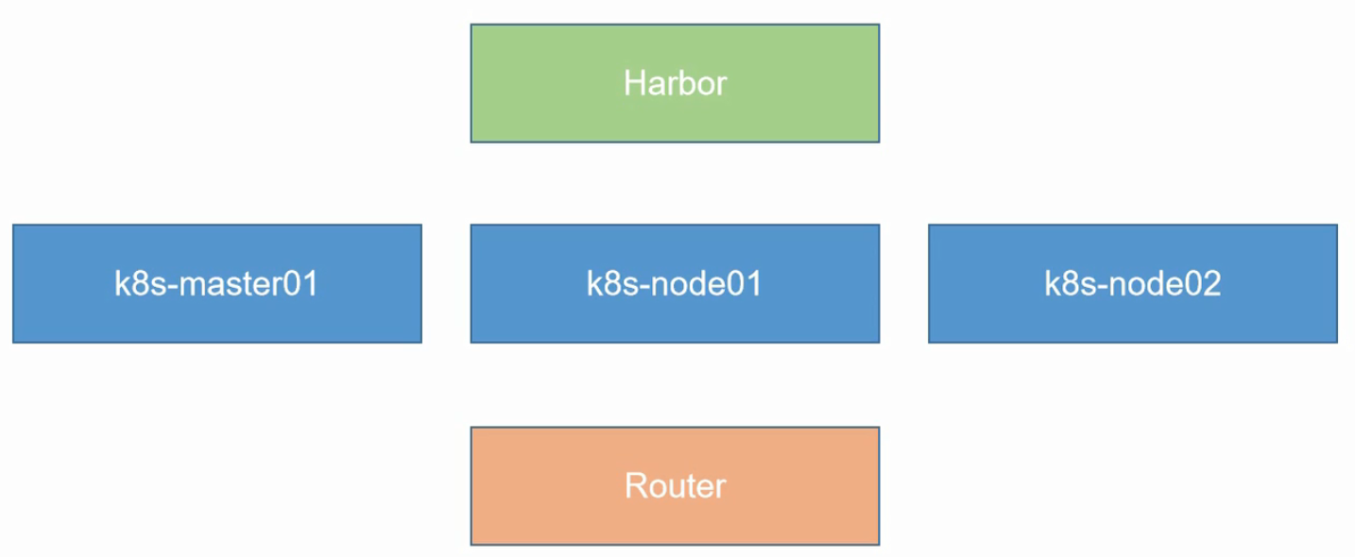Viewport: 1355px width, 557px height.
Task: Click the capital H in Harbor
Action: (634, 83)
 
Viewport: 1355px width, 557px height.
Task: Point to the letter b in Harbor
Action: (687, 83)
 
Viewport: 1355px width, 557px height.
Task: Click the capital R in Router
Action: (634, 486)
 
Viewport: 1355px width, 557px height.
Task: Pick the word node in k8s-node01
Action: (682, 284)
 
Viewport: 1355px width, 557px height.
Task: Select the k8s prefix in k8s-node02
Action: (1064, 284)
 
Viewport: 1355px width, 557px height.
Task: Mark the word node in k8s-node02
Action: (1141, 284)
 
